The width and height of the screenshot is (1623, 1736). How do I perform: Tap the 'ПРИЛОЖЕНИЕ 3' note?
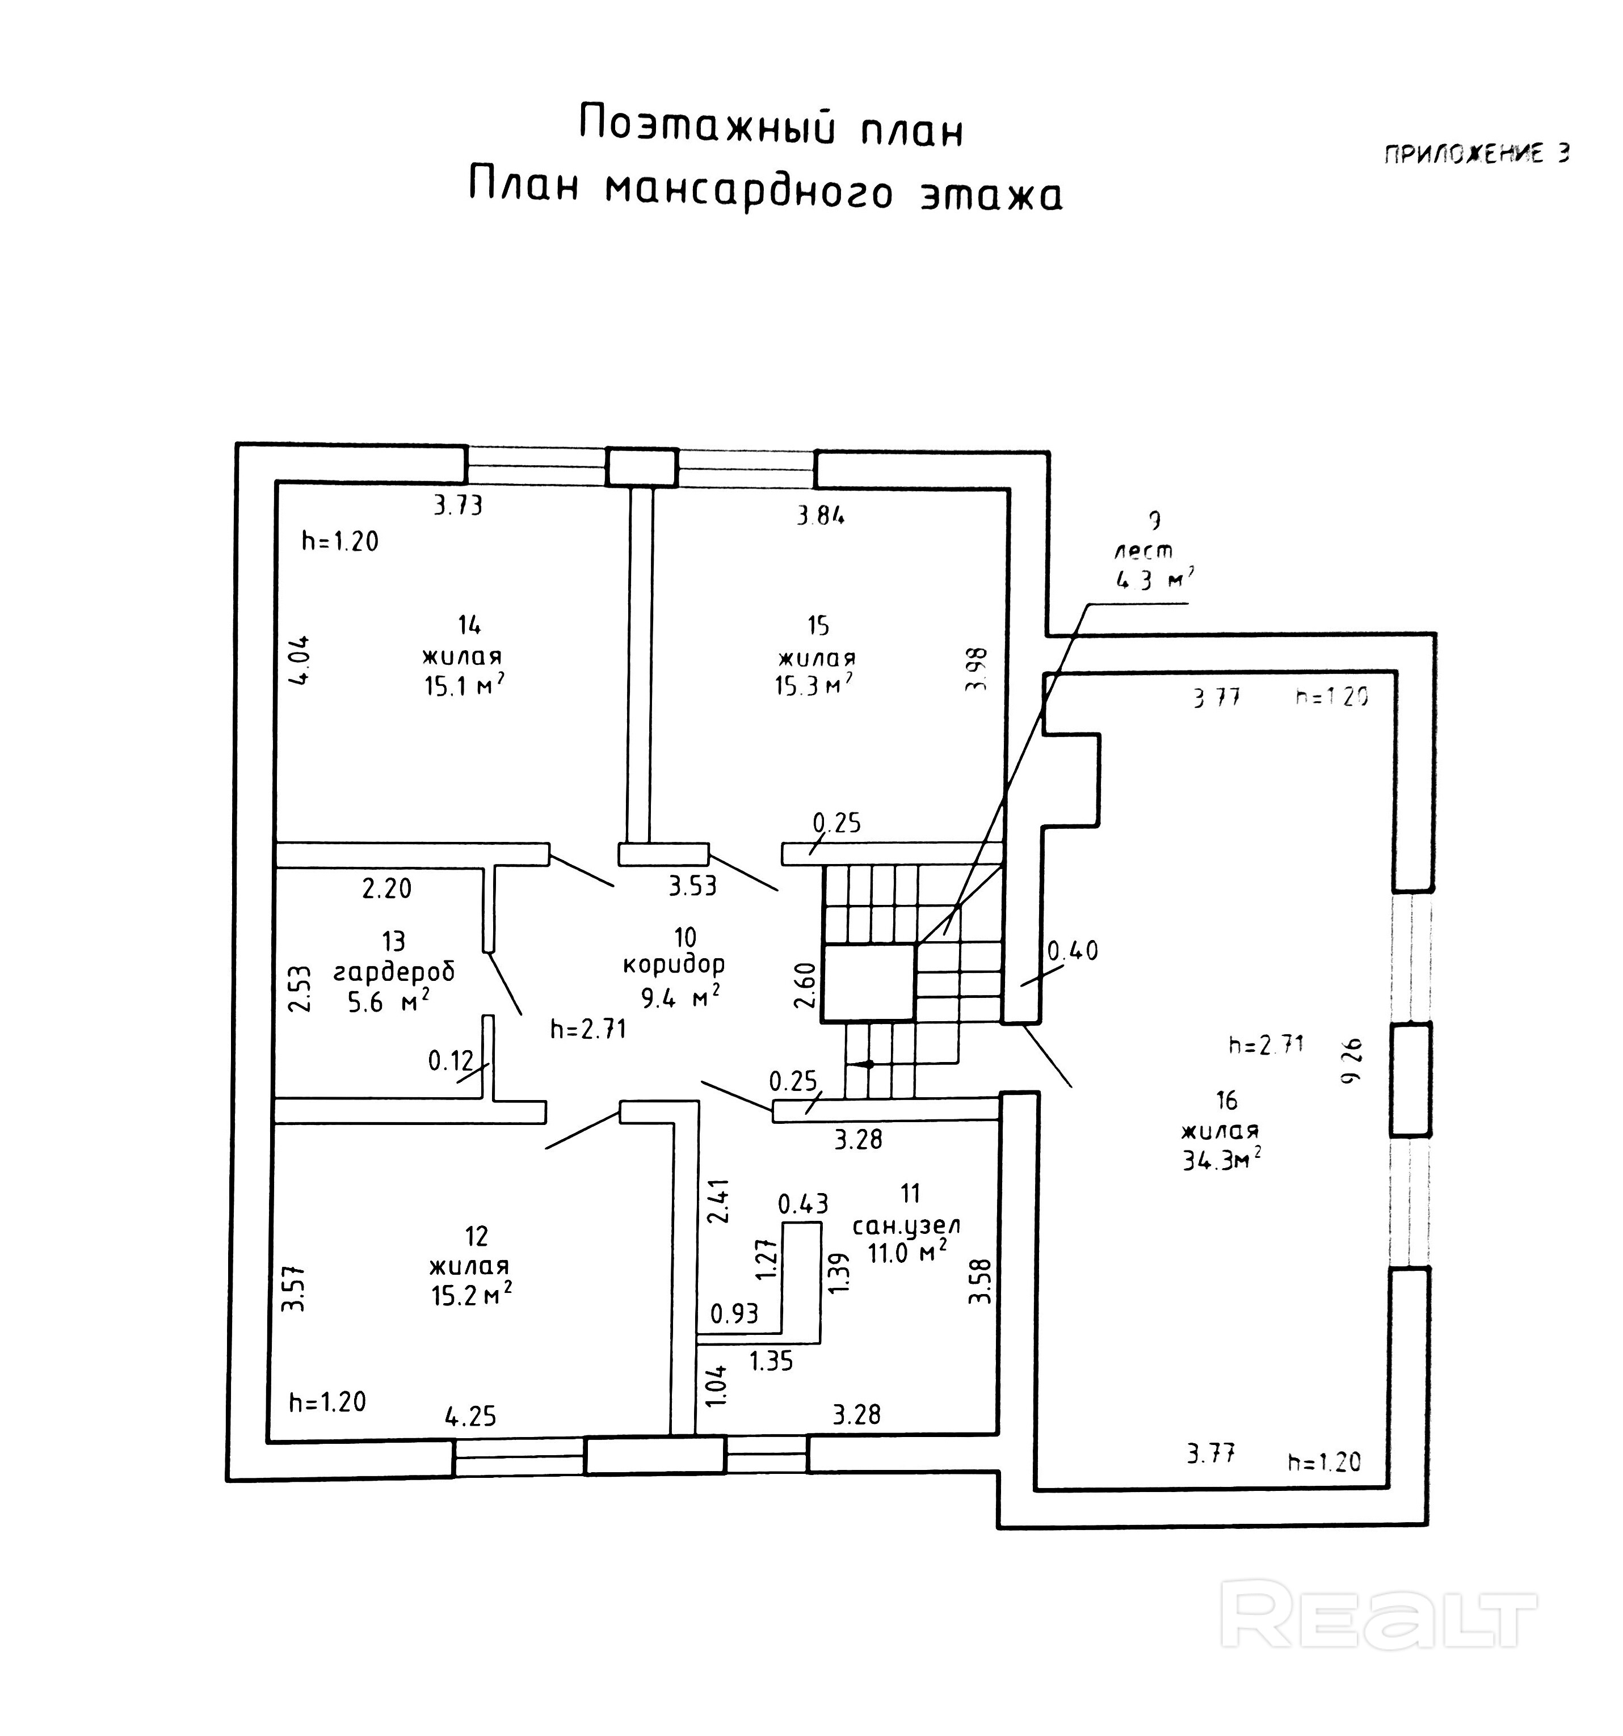tap(1476, 154)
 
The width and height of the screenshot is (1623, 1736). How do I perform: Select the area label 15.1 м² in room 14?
tap(464, 685)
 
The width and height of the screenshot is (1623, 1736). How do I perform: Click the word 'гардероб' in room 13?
tap(394, 971)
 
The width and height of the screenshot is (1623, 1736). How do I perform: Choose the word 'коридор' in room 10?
tap(674, 965)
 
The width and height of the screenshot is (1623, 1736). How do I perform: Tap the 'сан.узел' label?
tap(906, 1226)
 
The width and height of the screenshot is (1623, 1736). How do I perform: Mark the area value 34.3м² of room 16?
tap(1221, 1160)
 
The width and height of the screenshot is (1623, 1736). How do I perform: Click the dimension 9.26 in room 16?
tap(1351, 1061)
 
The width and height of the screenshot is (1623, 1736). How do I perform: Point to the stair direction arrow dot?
tap(868, 1064)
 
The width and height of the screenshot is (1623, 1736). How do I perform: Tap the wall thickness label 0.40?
tap(1072, 950)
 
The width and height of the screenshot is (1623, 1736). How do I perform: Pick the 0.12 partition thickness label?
tap(451, 1061)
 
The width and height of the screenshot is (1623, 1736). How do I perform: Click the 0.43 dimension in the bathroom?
tap(803, 1204)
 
